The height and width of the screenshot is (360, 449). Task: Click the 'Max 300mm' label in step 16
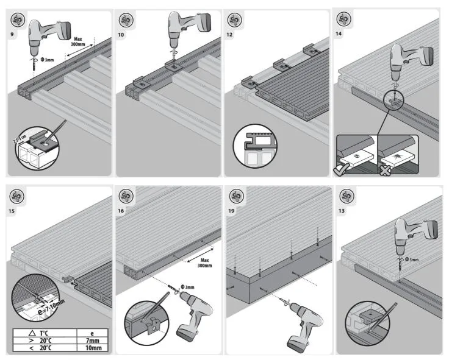(204, 261)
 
